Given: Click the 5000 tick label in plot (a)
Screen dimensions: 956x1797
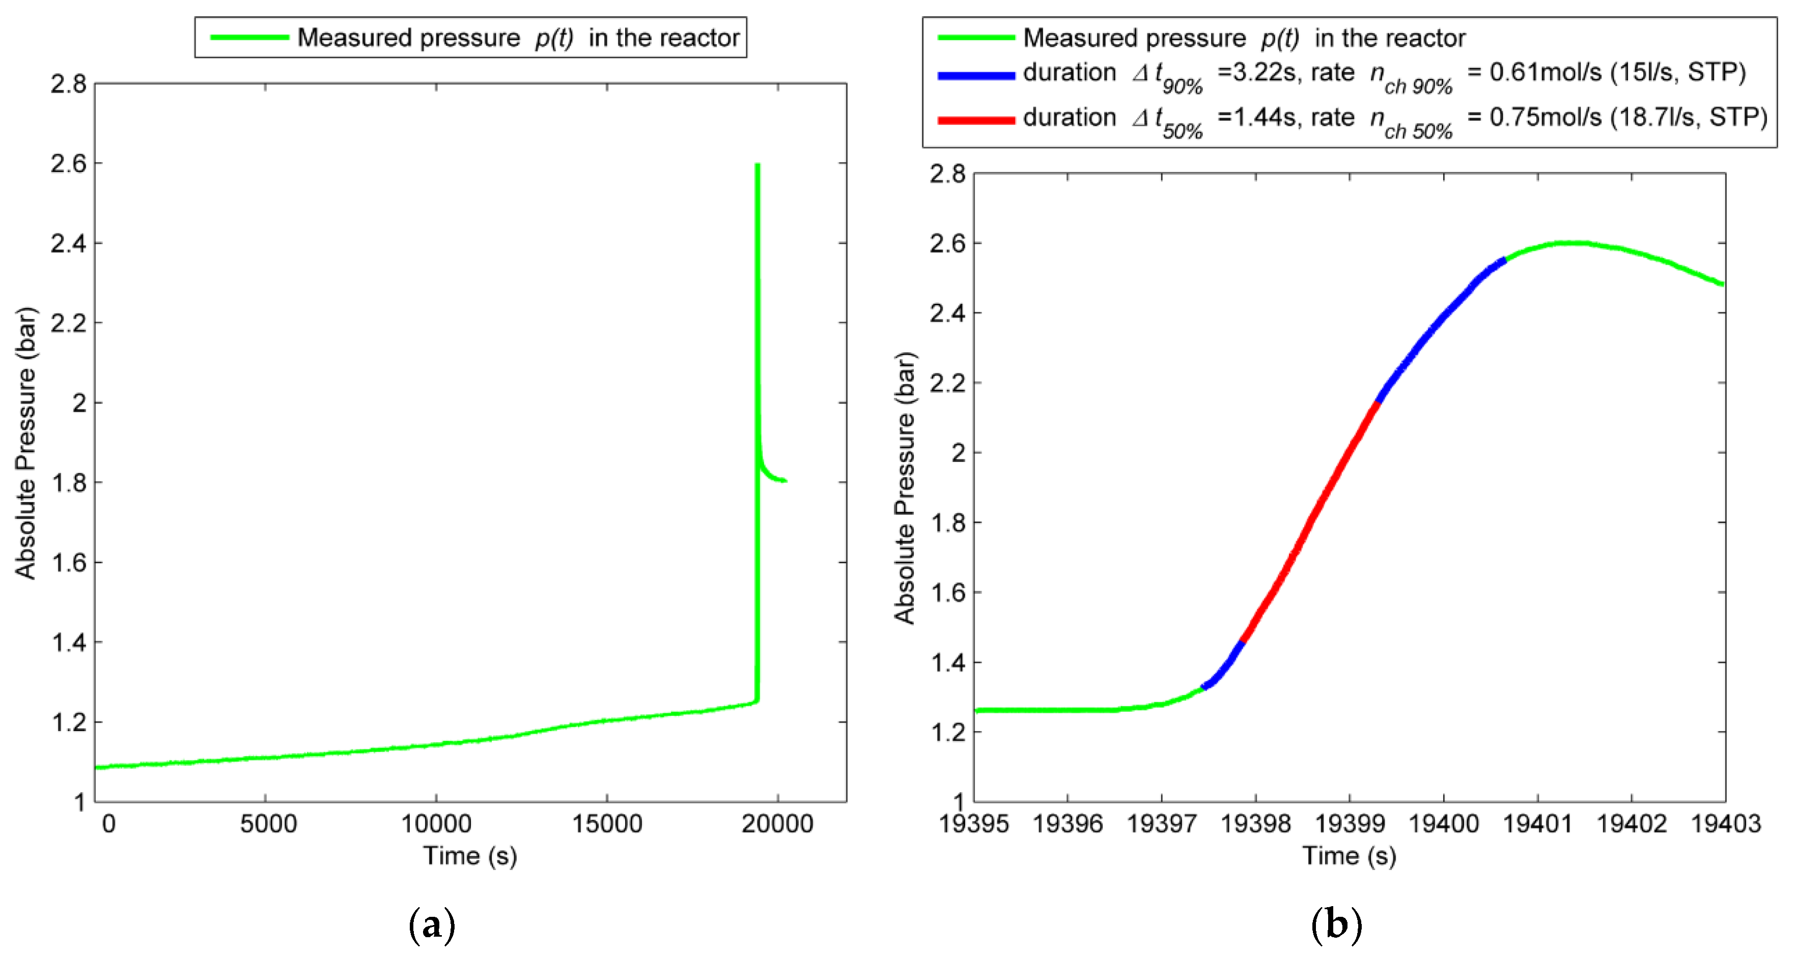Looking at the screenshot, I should click(x=268, y=824).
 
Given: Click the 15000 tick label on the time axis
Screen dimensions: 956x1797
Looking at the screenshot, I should click(x=606, y=824).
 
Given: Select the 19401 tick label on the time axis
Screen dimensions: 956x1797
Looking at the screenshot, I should click(x=1537, y=824).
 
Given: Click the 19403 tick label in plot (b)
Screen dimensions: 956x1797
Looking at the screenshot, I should click(x=1725, y=824).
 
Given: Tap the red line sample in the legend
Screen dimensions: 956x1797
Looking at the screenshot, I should click(x=975, y=120).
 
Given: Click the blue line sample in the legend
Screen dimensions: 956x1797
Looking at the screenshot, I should click(x=975, y=75).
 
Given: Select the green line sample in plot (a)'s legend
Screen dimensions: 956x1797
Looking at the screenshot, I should click(x=249, y=38).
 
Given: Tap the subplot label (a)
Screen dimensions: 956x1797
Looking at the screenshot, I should click(x=431, y=925).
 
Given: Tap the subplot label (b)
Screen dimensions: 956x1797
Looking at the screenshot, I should click(x=1336, y=925).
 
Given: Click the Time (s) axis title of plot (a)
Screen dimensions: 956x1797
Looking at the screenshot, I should click(x=470, y=856).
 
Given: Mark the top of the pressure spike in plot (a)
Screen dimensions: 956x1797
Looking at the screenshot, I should click(x=757, y=165).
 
